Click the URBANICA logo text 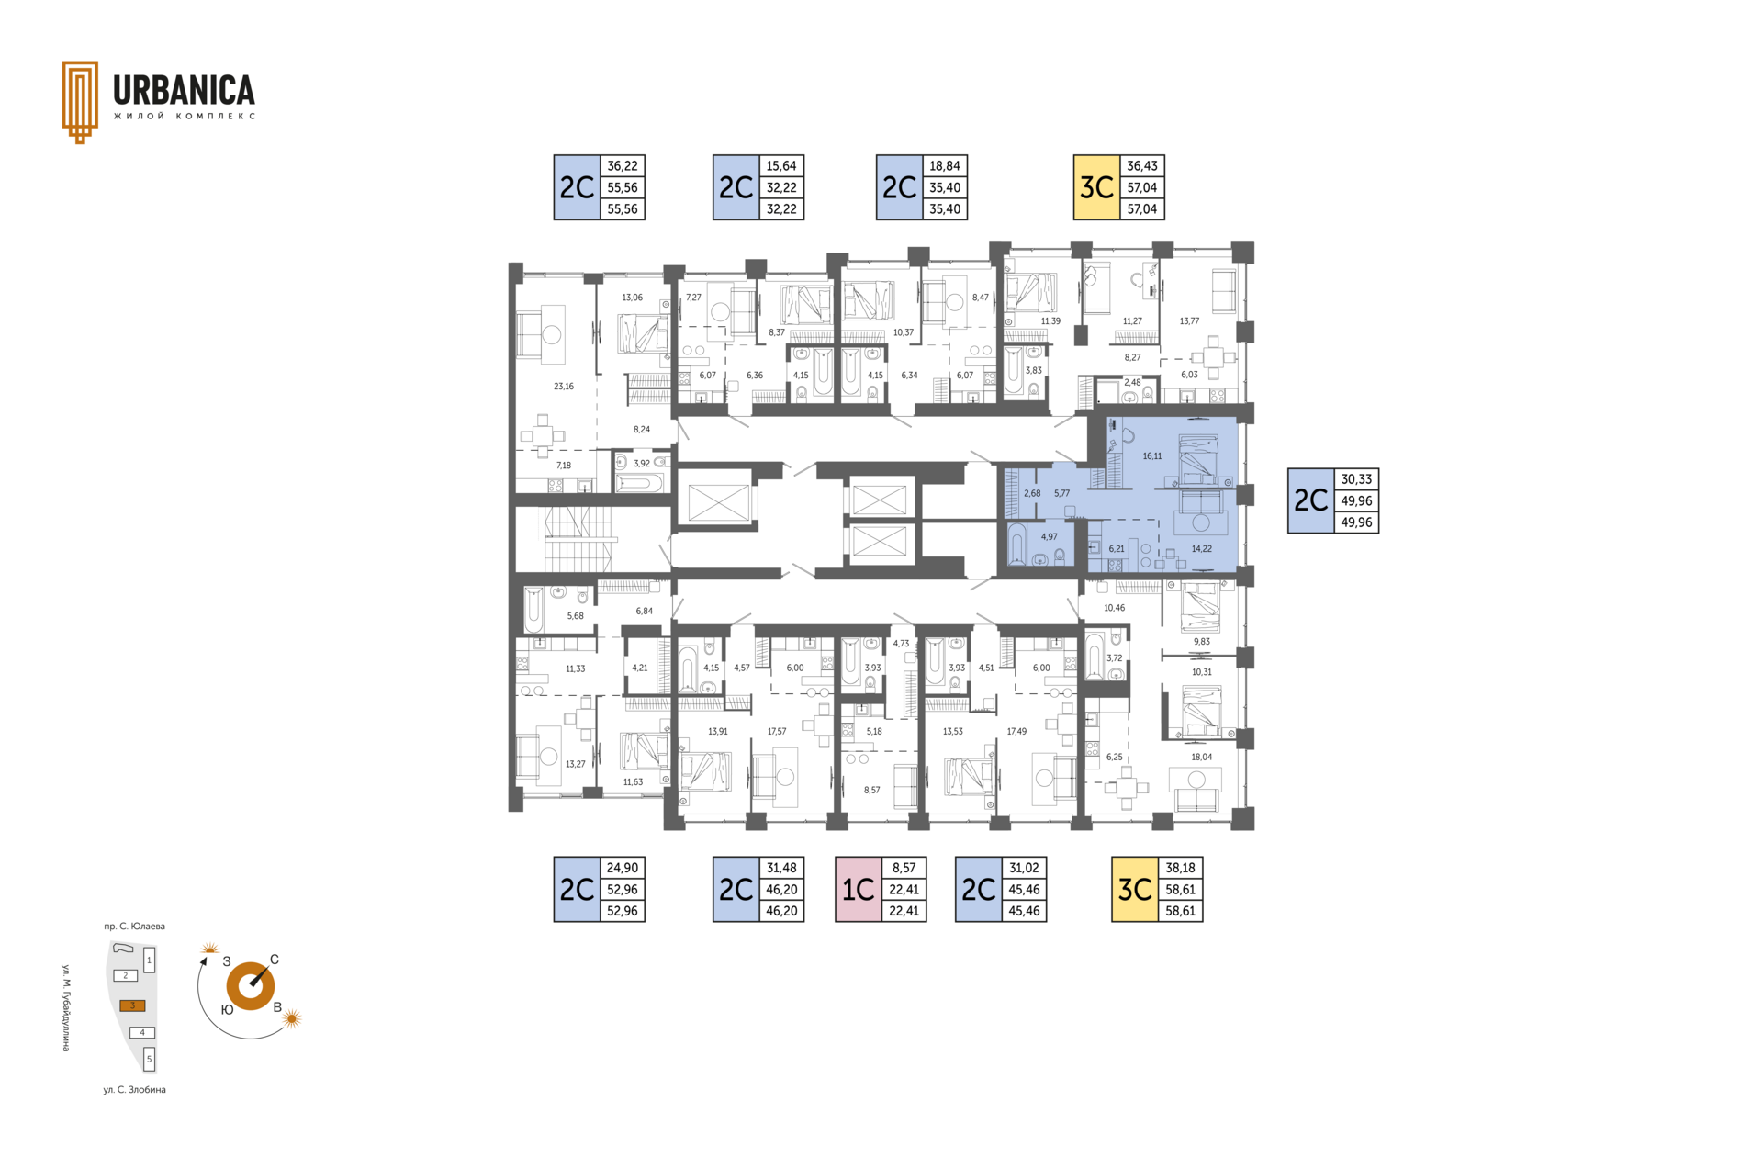(x=184, y=91)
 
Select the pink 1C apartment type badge (x=859, y=889)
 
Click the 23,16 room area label (x=564, y=387)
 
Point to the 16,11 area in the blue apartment (x=1152, y=456)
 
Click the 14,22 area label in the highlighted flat (x=1201, y=549)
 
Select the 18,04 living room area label (x=1201, y=758)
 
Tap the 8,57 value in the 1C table (x=904, y=868)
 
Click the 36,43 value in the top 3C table (x=1142, y=166)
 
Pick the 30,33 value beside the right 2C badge (x=1356, y=479)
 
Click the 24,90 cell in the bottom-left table (x=623, y=868)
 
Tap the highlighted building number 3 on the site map (x=132, y=1005)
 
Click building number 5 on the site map (x=150, y=1059)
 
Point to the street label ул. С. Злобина (x=134, y=1090)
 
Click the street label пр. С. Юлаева (x=134, y=927)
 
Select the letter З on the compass (x=227, y=961)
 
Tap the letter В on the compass (x=277, y=1006)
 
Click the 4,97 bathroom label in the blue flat (x=1049, y=537)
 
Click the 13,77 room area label (x=1189, y=321)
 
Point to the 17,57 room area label (x=777, y=732)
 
